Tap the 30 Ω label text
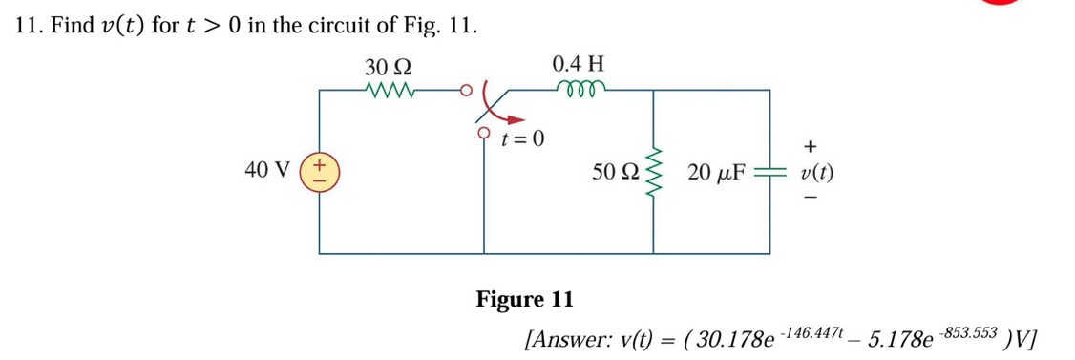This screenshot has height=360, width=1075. pyautogui.click(x=388, y=68)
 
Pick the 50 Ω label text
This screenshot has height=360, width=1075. pyautogui.click(x=615, y=172)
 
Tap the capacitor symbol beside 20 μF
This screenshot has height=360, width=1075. pyautogui.click(x=769, y=173)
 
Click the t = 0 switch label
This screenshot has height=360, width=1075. pyautogui.click(x=522, y=140)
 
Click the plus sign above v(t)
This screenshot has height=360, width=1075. pyautogui.click(x=810, y=146)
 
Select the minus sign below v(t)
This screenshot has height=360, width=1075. pyautogui.click(x=810, y=198)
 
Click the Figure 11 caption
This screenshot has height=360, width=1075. pyautogui.click(x=525, y=300)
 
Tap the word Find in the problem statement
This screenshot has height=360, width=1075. pyautogui.click(x=72, y=26)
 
